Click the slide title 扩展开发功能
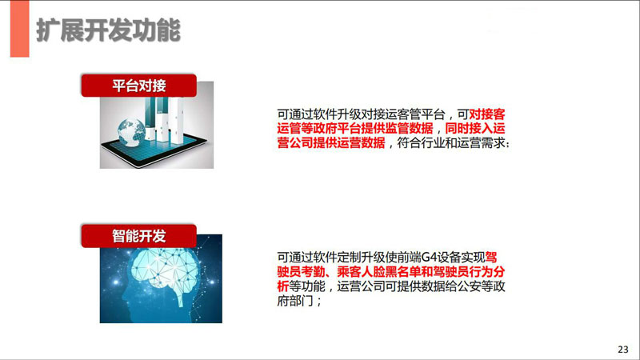click(108, 30)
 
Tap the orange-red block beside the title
click(19, 29)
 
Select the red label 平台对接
click(138, 86)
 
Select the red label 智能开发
click(138, 236)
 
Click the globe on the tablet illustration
click(130, 131)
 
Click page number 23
click(623, 350)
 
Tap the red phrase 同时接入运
click(474, 129)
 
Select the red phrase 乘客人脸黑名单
click(378, 272)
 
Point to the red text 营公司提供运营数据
click(331, 143)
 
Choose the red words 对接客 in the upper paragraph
click(487, 114)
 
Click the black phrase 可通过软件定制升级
click(331, 258)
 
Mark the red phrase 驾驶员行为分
click(469, 272)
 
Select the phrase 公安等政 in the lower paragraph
click(482, 286)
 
